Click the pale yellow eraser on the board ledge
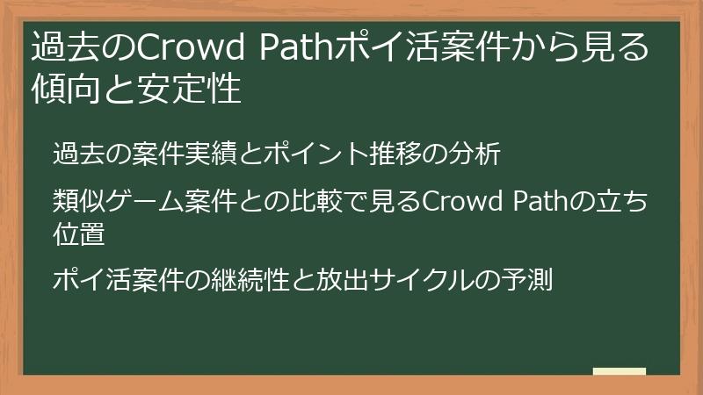(x=619, y=371)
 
